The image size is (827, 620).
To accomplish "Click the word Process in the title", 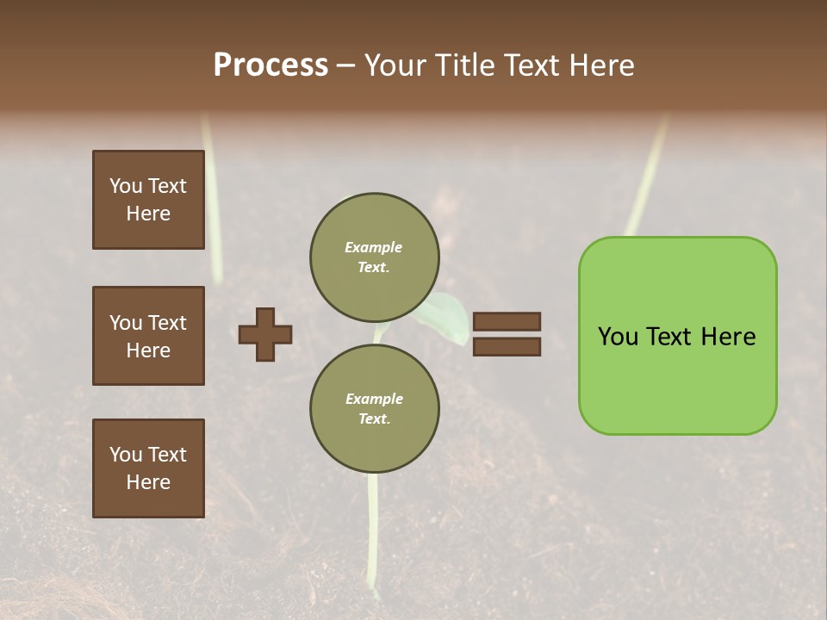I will click(x=270, y=65).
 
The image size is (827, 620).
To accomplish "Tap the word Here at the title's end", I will click(x=600, y=65).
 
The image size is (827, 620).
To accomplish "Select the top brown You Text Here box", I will click(x=148, y=200).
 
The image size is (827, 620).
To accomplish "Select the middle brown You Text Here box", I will click(x=148, y=336).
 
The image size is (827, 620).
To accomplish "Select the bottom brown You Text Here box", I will click(x=148, y=468).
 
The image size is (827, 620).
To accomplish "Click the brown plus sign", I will click(x=265, y=334).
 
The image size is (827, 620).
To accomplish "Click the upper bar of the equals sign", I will click(x=507, y=321).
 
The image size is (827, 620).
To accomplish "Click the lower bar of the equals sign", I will click(x=507, y=347).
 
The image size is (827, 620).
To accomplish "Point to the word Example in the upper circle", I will click(x=373, y=247).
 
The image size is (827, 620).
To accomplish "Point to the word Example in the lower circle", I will click(x=374, y=399).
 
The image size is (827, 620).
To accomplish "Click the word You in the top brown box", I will click(x=126, y=186).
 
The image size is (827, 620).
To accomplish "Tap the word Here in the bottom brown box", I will click(x=148, y=482).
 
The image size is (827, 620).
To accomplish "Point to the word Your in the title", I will click(x=395, y=65).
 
